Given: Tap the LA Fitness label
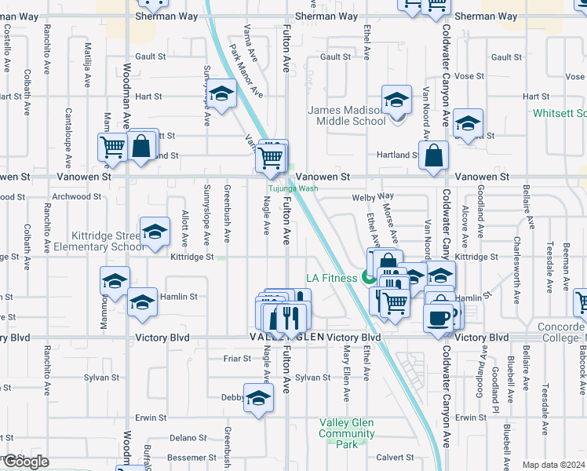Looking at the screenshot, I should pyautogui.click(x=331, y=278).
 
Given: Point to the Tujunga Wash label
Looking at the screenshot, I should pyautogui.click(x=293, y=188).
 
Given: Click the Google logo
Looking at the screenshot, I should pyautogui.click(x=25, y=461).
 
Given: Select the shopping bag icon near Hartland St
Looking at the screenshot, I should pyautogui.click(x=433, y=155).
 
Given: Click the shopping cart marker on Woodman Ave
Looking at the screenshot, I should pyautogui.click(x=113, y=147).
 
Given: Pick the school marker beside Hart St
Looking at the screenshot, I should pyautogui.click(x=222, y=95).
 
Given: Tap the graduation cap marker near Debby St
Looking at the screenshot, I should pyautogui.click(x=258, y=398).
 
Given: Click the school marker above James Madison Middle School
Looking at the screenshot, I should pyautogui.click(x=396, y=100).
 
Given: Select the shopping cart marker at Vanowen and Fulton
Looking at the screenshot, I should pyautogui.click(x=271, y=158).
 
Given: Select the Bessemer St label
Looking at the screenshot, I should pyautogui.click(x=194, y=457).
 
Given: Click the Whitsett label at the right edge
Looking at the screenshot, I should pyautogui.click(x=560, y=113).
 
